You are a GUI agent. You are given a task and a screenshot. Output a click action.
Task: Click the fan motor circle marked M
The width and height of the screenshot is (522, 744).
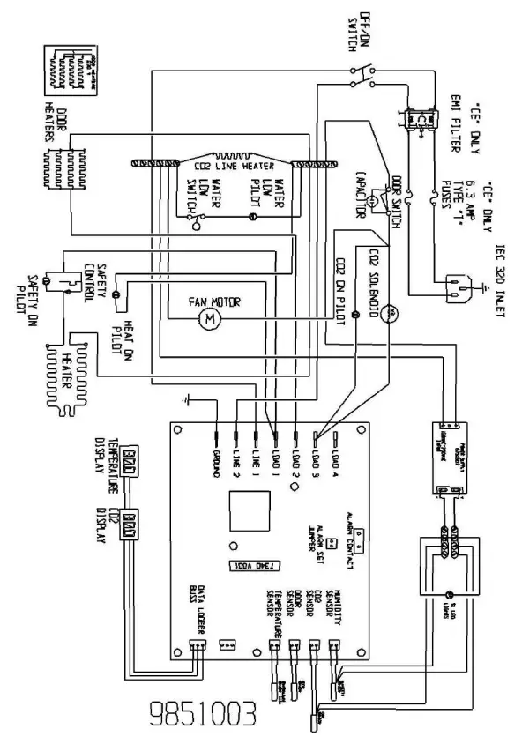tap(210, 318)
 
